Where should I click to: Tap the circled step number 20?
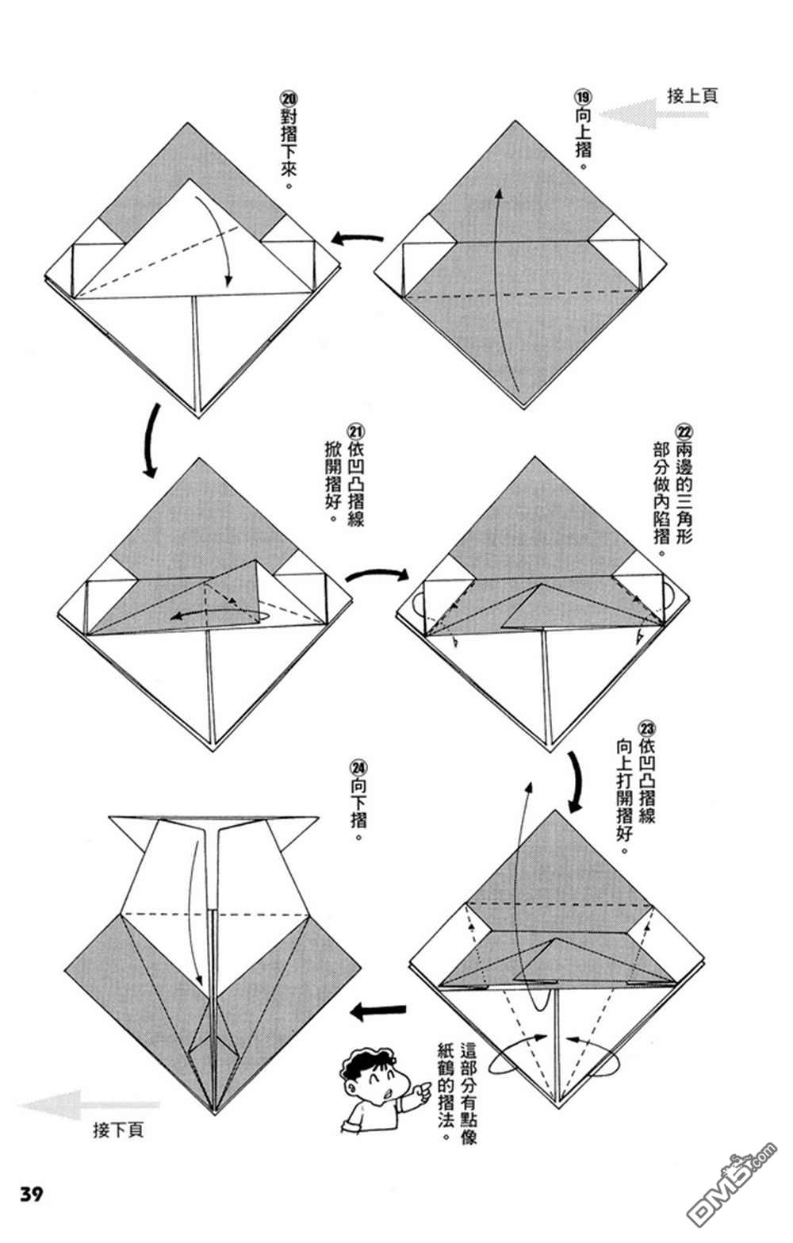coord(289,100)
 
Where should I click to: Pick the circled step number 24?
coord(358,768)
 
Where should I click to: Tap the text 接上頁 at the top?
coord(691,96)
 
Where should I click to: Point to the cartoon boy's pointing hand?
coord(424,1090)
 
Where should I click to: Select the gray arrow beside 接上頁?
coord(653,114)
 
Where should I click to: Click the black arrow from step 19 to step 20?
coord(358,239)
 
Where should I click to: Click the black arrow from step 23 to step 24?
coord(377,1011)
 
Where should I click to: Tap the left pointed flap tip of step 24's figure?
coord(109,817)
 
